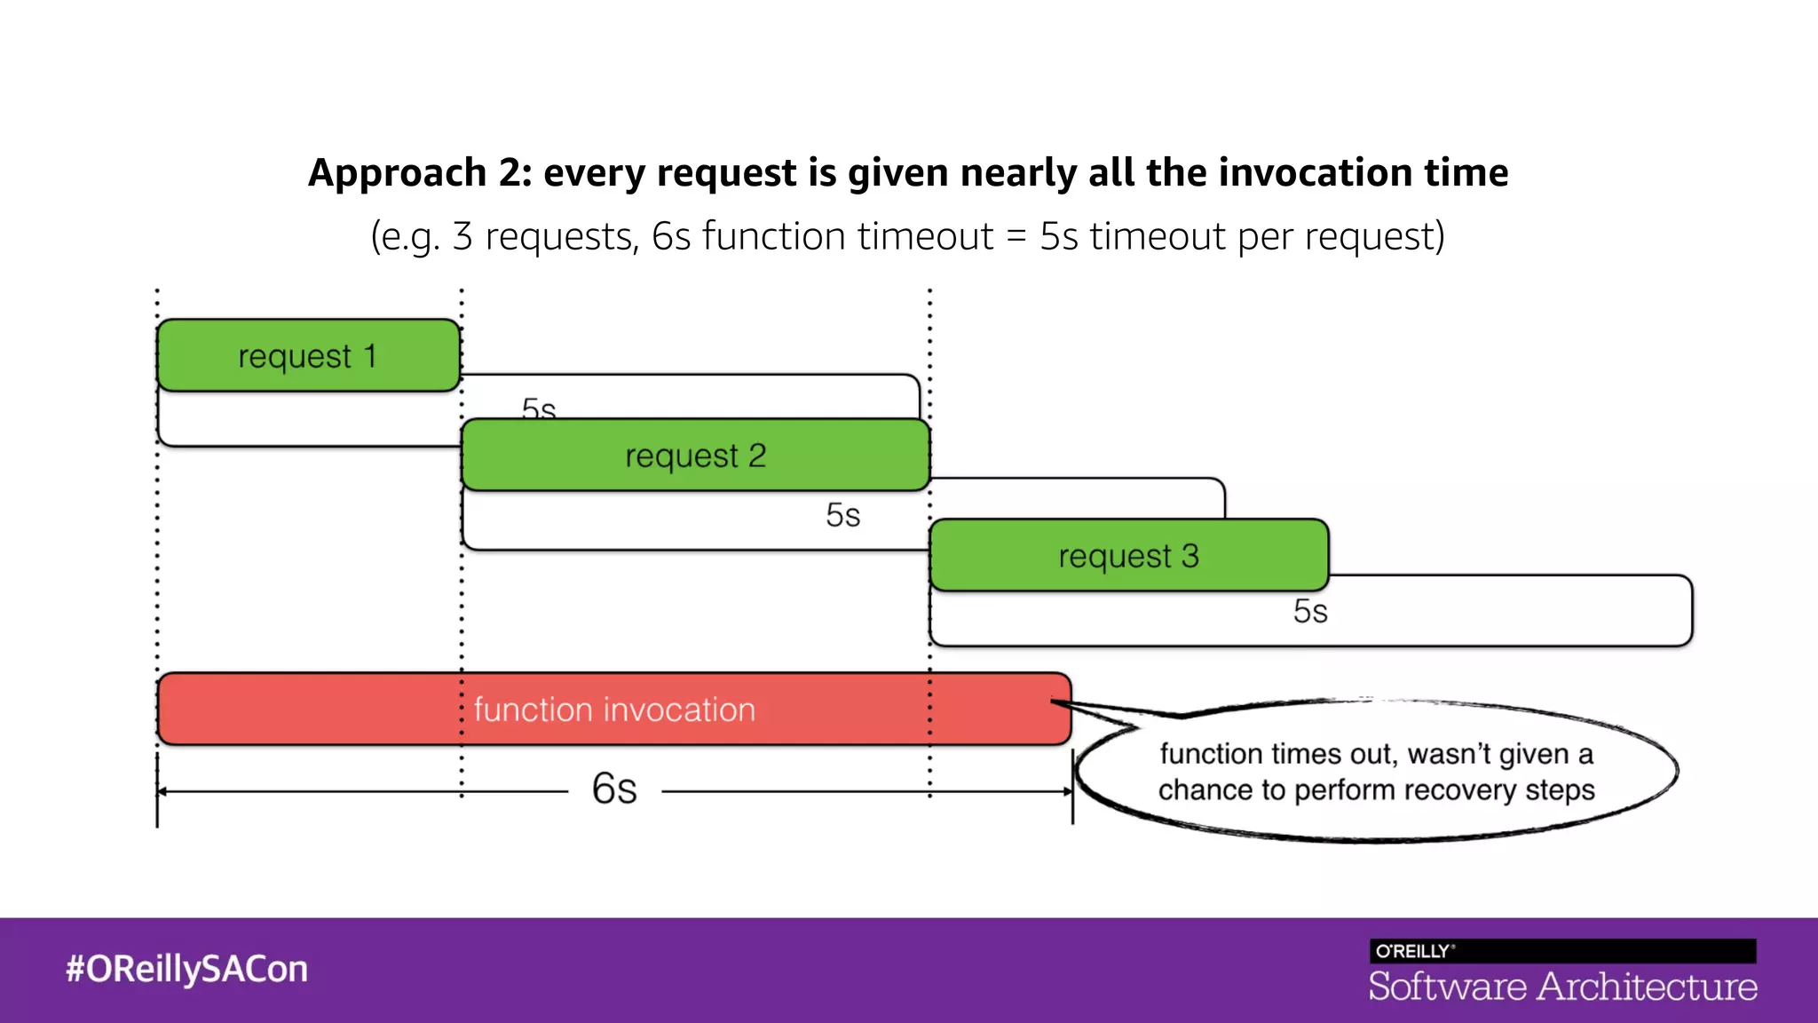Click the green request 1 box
308,355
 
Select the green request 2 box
695,455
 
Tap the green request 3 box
1128,556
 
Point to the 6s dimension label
614,789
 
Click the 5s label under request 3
1310,612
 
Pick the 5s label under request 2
842,515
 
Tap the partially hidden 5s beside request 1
539,408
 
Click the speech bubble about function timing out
1376,771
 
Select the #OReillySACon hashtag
186,969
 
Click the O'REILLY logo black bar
1562,951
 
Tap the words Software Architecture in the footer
1562,987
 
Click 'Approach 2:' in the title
420,172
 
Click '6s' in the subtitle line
671,236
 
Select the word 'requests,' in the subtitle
562,236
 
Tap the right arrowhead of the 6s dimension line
1068,791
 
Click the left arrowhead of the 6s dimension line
162,791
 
